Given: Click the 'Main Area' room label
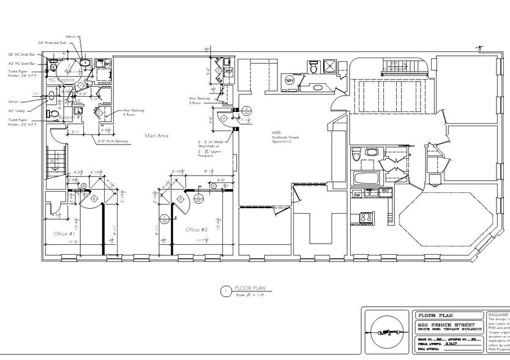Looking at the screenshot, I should (x=156, y=135).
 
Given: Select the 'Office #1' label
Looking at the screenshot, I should (x=64, y=234).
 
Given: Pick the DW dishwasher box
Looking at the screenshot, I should (x=356, y=194).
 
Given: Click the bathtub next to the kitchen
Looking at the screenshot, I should (x=366, y=179).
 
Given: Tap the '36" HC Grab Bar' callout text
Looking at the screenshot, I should (x=21, y=54).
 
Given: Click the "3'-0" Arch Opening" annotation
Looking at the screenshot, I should (x=113, y=141).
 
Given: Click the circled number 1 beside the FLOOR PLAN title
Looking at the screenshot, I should (x=225, y=290).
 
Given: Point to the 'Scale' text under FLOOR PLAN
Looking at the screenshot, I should (x=241, y=296).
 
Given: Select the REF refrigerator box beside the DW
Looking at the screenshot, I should (x=386, y=191).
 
